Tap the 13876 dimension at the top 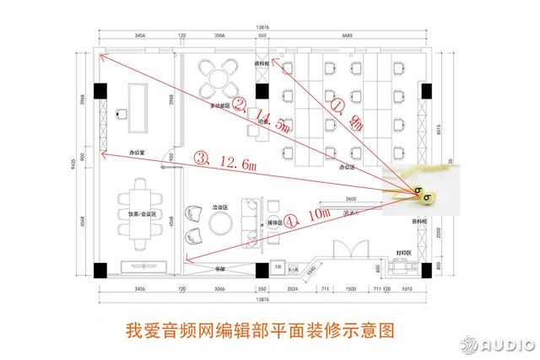coord(262,28)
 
